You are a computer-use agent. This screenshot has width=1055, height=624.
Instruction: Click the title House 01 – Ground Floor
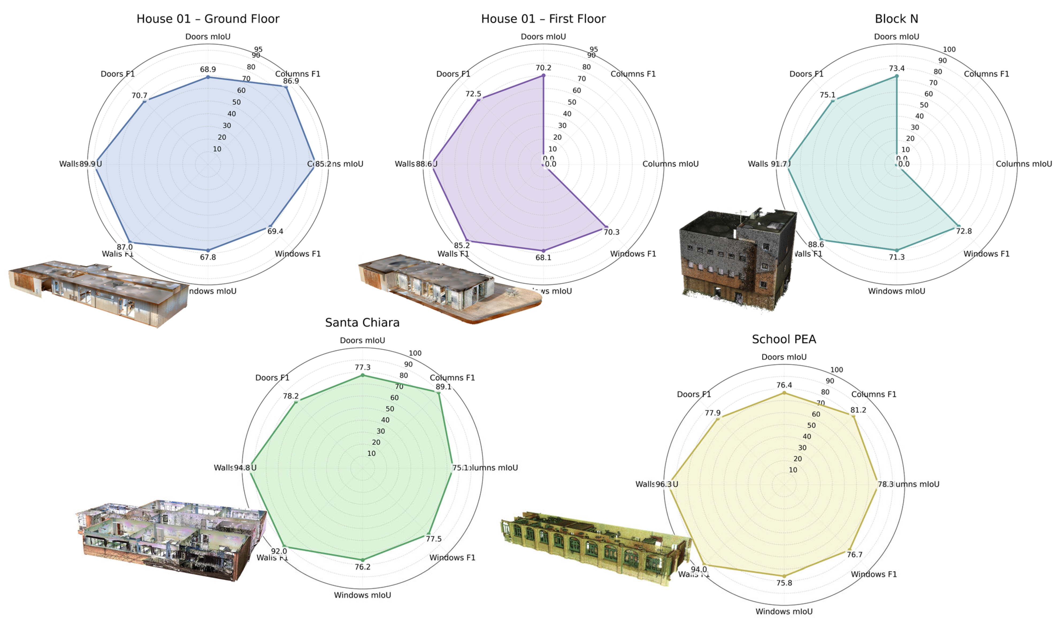(208, 19)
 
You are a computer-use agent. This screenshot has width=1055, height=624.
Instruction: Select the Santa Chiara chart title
(362, 322)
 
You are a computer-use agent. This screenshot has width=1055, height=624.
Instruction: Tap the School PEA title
(784, 339)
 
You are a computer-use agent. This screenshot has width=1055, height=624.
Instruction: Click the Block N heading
(896, 19)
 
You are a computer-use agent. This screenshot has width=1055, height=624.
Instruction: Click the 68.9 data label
(208, 70)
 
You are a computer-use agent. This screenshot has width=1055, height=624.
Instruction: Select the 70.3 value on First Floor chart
(611, 232)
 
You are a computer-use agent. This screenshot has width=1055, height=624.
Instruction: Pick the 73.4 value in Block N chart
(896, 68)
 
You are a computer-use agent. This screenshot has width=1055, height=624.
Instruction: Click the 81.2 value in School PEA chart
(858, 410)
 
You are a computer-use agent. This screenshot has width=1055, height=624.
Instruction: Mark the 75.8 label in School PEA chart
(784, 583)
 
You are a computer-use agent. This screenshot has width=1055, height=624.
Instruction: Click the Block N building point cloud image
(738, 259)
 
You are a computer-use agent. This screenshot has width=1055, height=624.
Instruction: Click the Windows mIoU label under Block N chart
(896, 291)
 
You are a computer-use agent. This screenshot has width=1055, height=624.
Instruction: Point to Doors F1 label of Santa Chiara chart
(272, 378)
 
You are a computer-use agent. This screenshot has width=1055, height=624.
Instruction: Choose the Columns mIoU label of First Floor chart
(670, 164)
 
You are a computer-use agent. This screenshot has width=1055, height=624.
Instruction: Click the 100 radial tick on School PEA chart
(836, 369)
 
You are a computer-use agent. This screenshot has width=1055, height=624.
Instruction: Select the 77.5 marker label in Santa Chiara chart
(433, 539)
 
